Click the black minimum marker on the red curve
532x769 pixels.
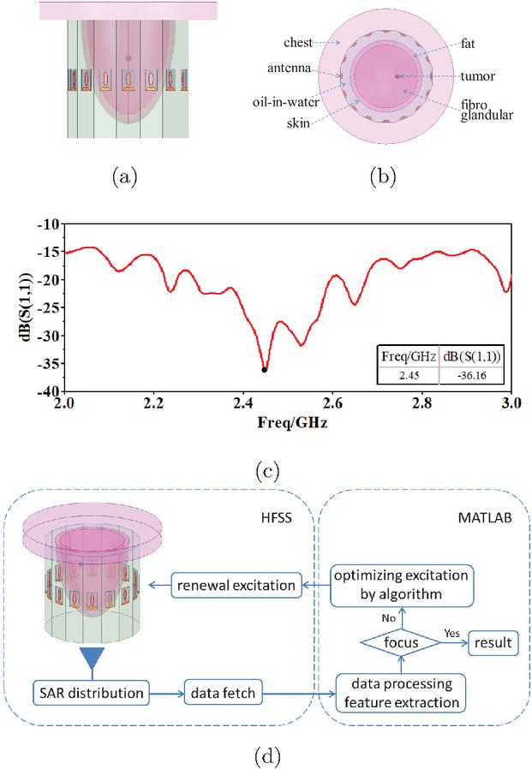point(265,369)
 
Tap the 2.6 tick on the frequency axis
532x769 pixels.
point(332,400)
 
